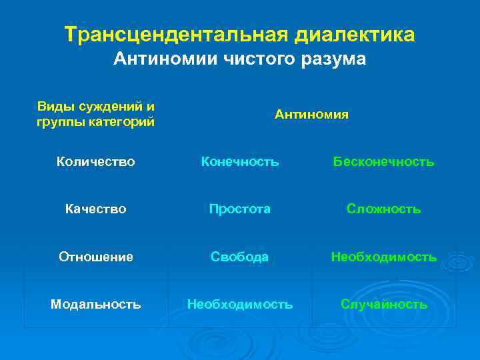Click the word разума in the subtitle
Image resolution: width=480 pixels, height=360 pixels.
(326, 59)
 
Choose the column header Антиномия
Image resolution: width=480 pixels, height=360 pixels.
(311, 115)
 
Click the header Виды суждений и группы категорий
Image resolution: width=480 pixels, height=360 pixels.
(95, 115)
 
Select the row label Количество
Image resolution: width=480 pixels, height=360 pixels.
(95, 161)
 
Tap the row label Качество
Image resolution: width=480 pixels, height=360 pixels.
(95, 209)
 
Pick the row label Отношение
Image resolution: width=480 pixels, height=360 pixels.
(95, 257)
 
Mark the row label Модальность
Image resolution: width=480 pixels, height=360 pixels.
(95, 305)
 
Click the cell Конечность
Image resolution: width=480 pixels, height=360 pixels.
(239, 161)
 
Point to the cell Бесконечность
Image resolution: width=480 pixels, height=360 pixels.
(383, 161)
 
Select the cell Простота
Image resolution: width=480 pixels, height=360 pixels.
(239, 209)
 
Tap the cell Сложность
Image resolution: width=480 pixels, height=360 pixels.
(383, 209)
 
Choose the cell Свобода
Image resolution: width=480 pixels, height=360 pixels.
(239, 257)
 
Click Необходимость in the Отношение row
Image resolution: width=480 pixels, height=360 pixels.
(383, 257)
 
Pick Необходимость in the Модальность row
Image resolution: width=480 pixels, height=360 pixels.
(239, 305)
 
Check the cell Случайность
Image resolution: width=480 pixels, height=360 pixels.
(383, 305)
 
